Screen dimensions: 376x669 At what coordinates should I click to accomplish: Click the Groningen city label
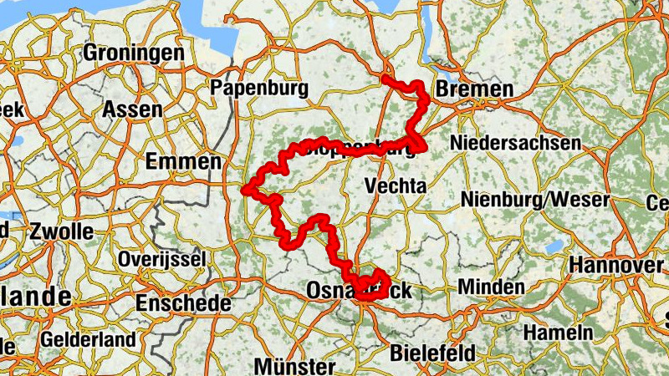pos(133,53)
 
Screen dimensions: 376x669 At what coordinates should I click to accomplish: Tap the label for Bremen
pos(474,89)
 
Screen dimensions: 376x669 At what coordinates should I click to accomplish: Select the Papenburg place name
pos(260,88)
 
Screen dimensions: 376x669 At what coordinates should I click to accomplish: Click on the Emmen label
pos(182,161)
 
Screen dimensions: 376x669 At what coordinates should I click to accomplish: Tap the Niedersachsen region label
pos(514,144)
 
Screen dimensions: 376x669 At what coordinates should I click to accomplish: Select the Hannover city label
pos(615,265)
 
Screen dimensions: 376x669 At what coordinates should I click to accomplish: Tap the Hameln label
pos(558,332)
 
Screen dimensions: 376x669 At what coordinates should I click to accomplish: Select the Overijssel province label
pos(161,260)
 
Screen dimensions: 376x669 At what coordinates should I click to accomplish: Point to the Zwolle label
pos(60,231)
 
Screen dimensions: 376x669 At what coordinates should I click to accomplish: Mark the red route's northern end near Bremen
pos(385,78)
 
